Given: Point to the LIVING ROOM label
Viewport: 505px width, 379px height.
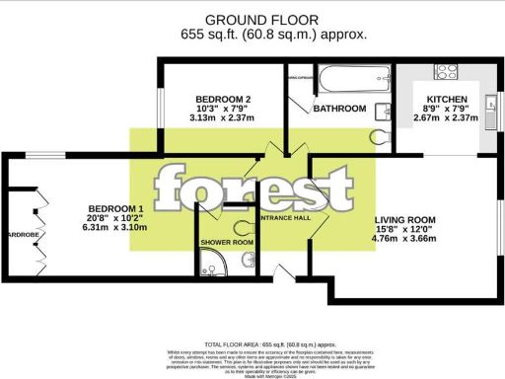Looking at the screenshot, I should pyautogui.click(x=404, y=221).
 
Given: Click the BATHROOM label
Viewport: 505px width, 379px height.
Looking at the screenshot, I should pyautogui.click(x=339, y=110).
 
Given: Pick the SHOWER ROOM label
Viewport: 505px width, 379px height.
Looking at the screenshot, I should pyautogui.click(x=228, y=242).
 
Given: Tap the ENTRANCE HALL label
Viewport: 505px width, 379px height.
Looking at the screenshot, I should pyautogui.click(x=284, y=217).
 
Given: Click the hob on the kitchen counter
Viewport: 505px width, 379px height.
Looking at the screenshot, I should pyautogui.click(x=444, y=73).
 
